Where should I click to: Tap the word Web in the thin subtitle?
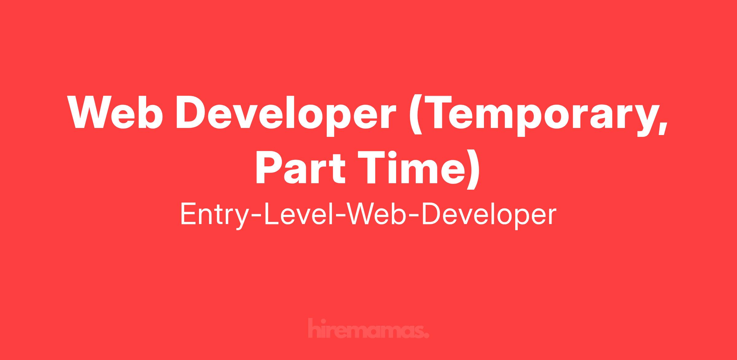tap(376, 214)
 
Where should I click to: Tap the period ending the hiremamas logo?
tap(426, 335)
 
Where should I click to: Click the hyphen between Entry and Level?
tap(256, 217)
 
